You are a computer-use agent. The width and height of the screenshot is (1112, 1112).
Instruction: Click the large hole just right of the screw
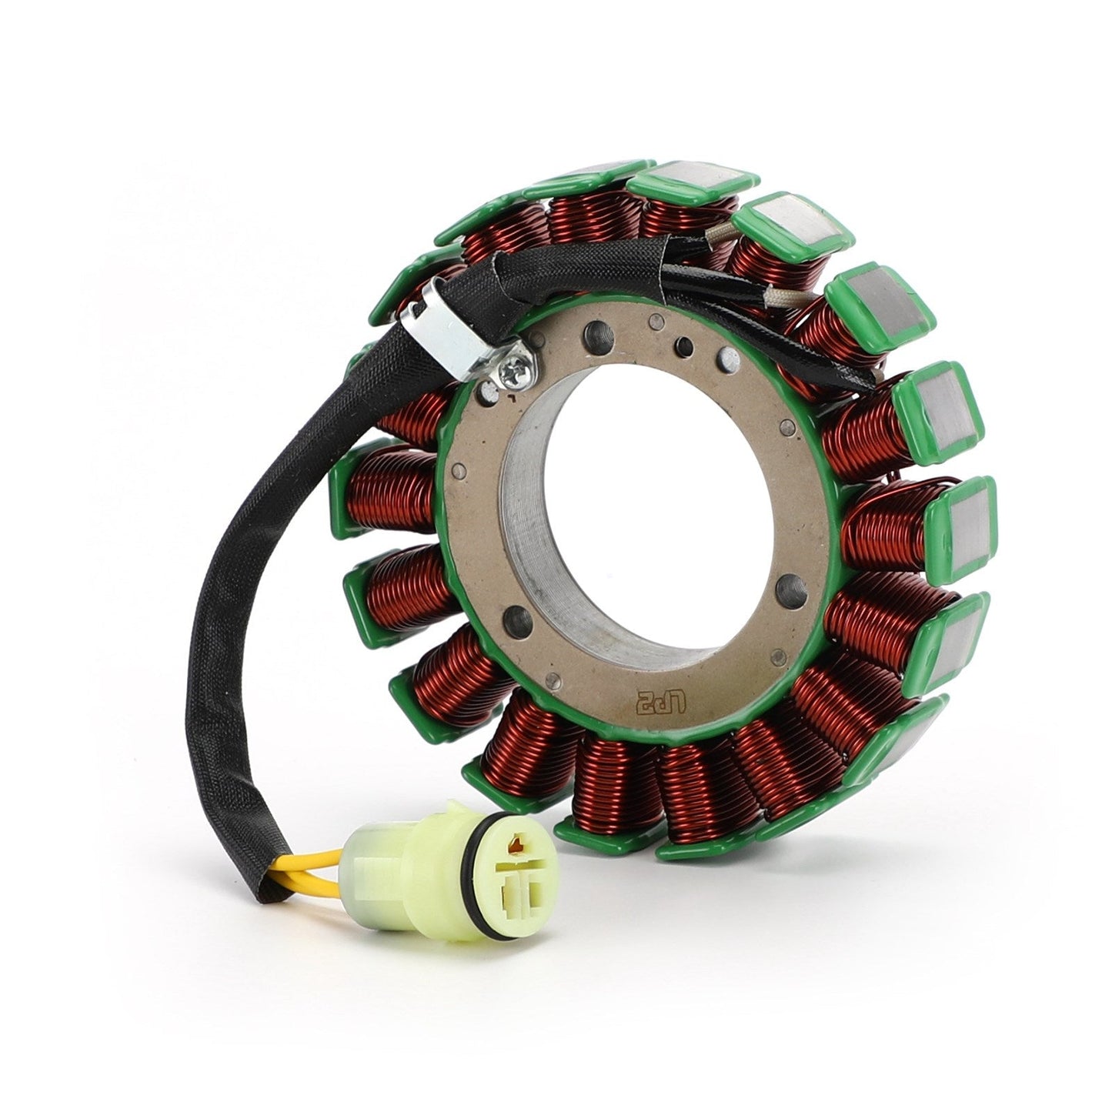click(x=597, y=336)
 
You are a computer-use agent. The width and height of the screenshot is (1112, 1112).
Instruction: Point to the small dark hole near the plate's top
click(x=682, y=343)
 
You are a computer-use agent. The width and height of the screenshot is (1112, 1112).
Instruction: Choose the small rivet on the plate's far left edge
click(x=459, y=472)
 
